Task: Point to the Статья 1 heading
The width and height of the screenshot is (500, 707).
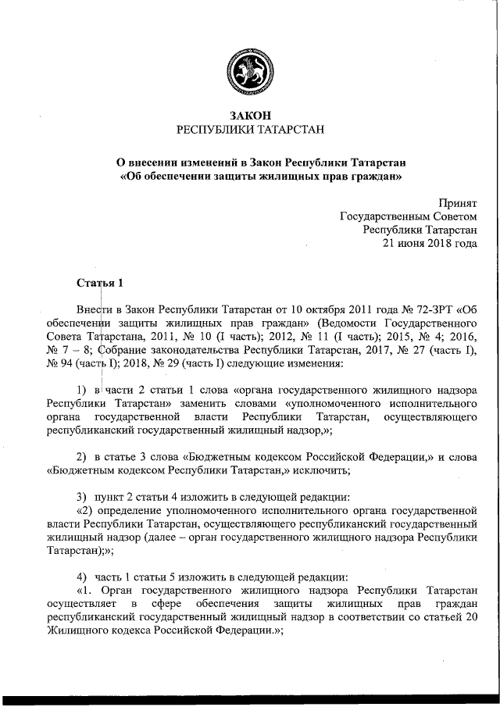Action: pyautogui.click(x=99, y=281)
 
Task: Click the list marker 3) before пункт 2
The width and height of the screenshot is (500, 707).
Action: pyautogui.click(x=80, y=498)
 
